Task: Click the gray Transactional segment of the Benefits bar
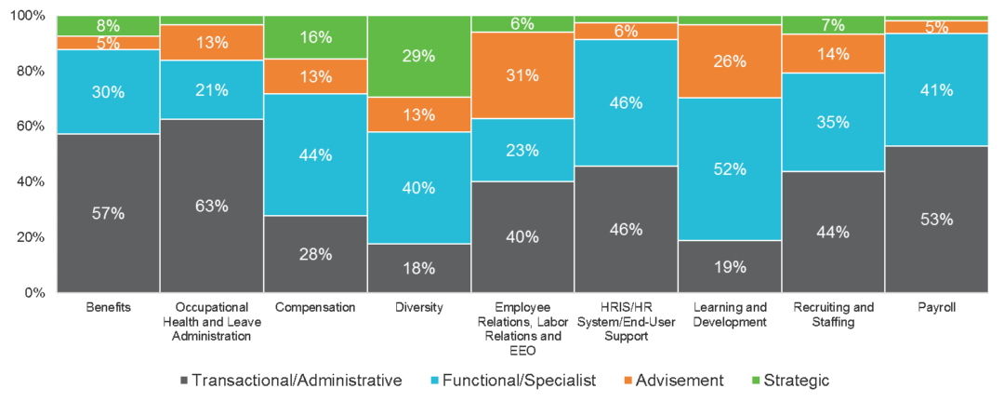point(108,213)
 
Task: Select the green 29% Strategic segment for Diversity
point(419,56)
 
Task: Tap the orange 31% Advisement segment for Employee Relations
point(522,75)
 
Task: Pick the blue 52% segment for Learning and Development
point(730,168)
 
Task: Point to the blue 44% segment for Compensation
point(315,154)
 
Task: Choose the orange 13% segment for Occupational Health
point(212,42)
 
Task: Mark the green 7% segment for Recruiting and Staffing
point(833,24)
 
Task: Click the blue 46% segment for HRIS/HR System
point(626,102)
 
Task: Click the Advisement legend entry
point(673,380)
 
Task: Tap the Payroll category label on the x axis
point(936,307)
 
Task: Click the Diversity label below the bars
point(419,307)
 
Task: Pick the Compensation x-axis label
point(315,307)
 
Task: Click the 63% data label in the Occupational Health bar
point(212,206)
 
